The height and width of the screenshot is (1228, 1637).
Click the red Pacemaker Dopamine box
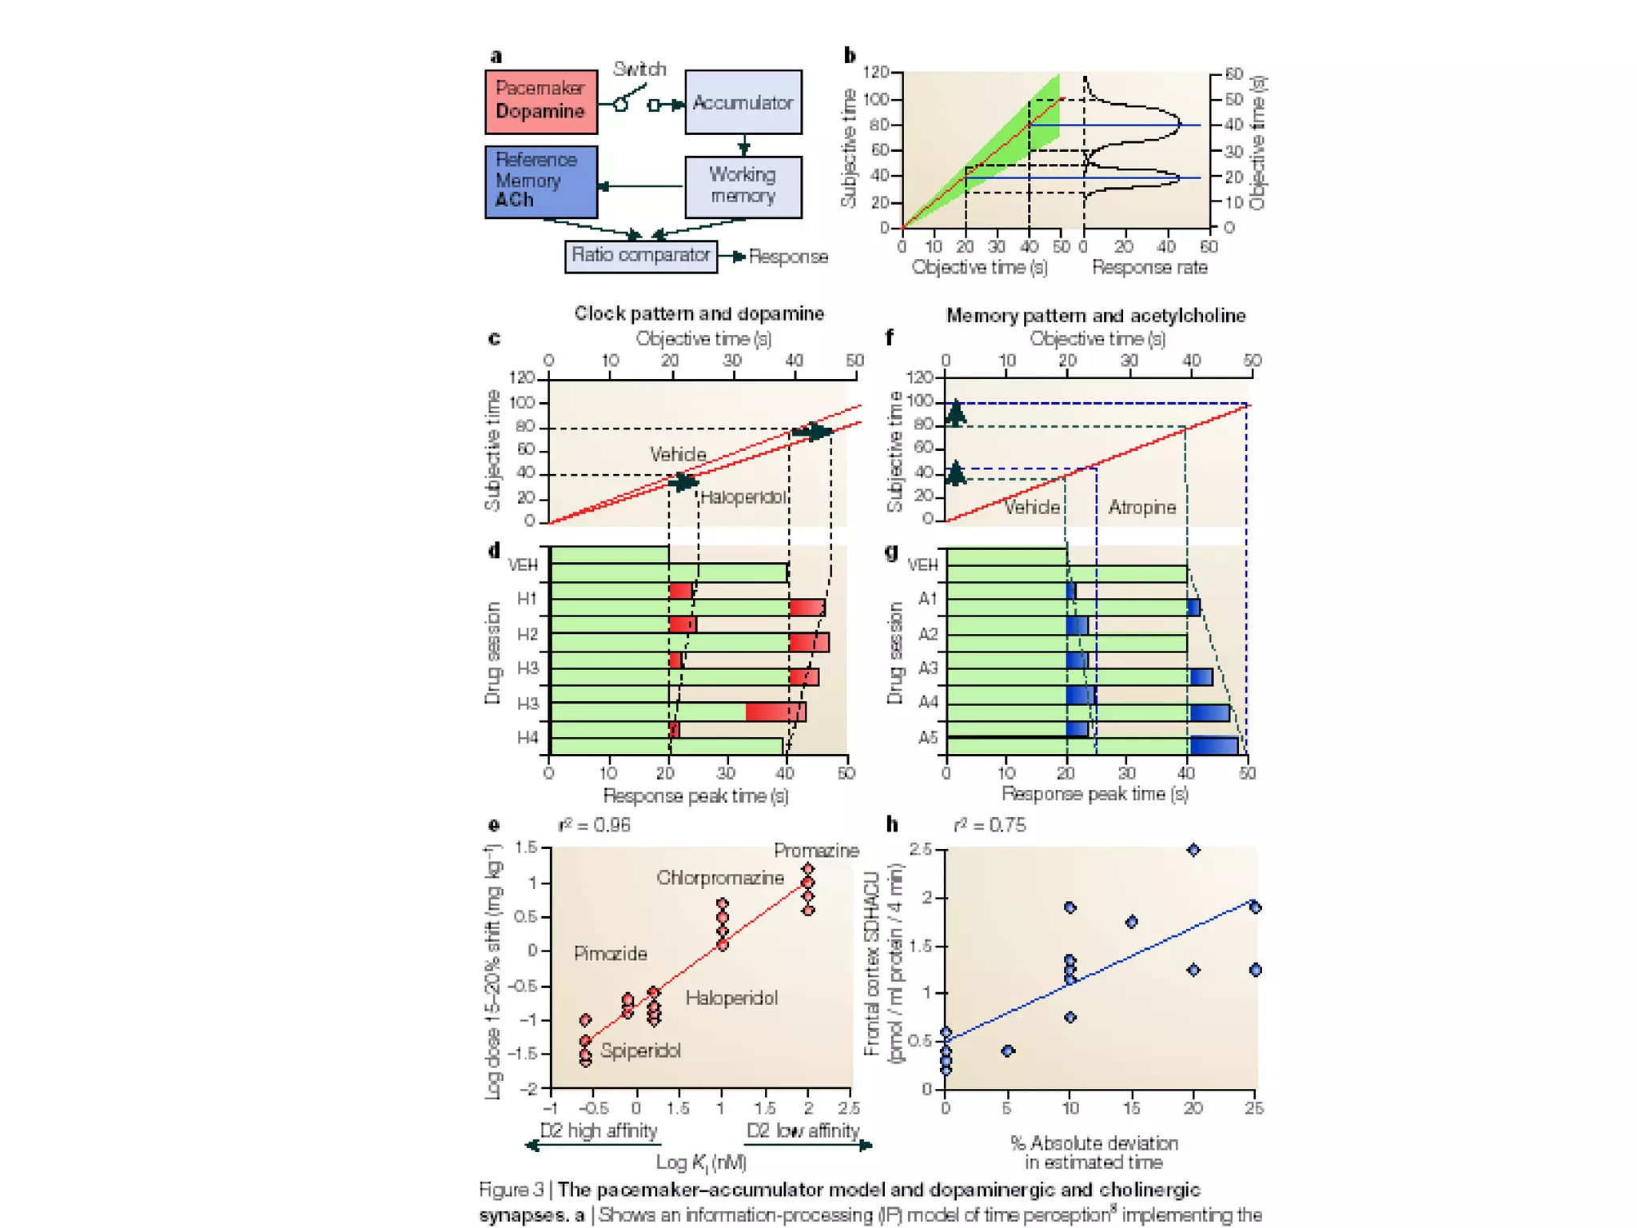coord(541,102)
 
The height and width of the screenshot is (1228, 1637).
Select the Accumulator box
coord(743,102)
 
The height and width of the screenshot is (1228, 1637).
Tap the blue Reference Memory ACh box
coord(541,181)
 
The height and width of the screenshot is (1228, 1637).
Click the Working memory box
coord(743,186)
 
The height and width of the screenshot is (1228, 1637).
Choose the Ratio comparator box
coord(641,256)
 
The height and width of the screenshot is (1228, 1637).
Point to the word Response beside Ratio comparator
coord(788,257)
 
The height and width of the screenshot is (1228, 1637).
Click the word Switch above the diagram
coord(639,70)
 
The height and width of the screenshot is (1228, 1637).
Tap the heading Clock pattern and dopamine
coord(699,313)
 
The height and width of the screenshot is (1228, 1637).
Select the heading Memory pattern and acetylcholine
coord(1095,316)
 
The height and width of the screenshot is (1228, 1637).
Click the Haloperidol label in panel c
coord(743,497)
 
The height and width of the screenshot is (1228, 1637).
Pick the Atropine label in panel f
coord(1142,508)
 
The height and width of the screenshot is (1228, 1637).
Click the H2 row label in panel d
coord(527,635)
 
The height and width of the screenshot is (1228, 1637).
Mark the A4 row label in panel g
coord(927,703)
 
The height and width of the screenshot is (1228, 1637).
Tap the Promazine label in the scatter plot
coord(816,851)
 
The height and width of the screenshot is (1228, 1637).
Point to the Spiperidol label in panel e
coord(640,1051)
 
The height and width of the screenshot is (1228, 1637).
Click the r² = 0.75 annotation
coord(990,825)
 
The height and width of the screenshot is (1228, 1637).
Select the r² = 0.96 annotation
coord(594,825)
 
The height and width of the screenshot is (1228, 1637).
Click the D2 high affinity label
coord(599,1130)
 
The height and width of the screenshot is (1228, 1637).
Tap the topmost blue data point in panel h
coord(1193,850)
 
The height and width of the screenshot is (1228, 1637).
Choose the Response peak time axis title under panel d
coord(695,796)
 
